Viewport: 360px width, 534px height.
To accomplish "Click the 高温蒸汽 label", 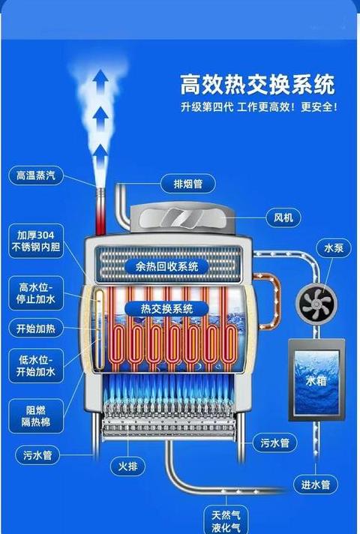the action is (36, 175).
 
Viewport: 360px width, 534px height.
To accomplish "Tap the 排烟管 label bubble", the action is (188, 184).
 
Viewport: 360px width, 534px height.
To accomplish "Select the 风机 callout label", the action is (283, 217).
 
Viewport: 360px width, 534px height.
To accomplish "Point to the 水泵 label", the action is (334, 248).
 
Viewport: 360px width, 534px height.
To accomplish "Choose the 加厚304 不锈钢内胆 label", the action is (36, 241).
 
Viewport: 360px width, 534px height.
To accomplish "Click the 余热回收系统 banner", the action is (166, 266).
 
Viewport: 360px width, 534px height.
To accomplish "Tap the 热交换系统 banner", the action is (166, 309).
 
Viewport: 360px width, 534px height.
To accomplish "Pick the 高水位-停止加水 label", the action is (36, 293).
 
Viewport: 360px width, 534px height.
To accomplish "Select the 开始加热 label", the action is (36, 328).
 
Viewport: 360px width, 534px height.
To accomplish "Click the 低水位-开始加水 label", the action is (36, 365).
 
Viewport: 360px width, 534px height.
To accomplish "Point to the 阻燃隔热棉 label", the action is (36, 416).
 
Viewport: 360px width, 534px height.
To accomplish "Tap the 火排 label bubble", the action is (127, 466).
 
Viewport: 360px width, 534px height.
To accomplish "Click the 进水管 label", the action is (316, 484).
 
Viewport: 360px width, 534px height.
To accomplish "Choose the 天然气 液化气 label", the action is (226, 520).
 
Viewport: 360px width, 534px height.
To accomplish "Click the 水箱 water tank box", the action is (316, 380).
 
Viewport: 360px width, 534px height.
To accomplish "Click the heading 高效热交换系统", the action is (258, 85).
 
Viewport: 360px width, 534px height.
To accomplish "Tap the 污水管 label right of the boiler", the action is (275, 442).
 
